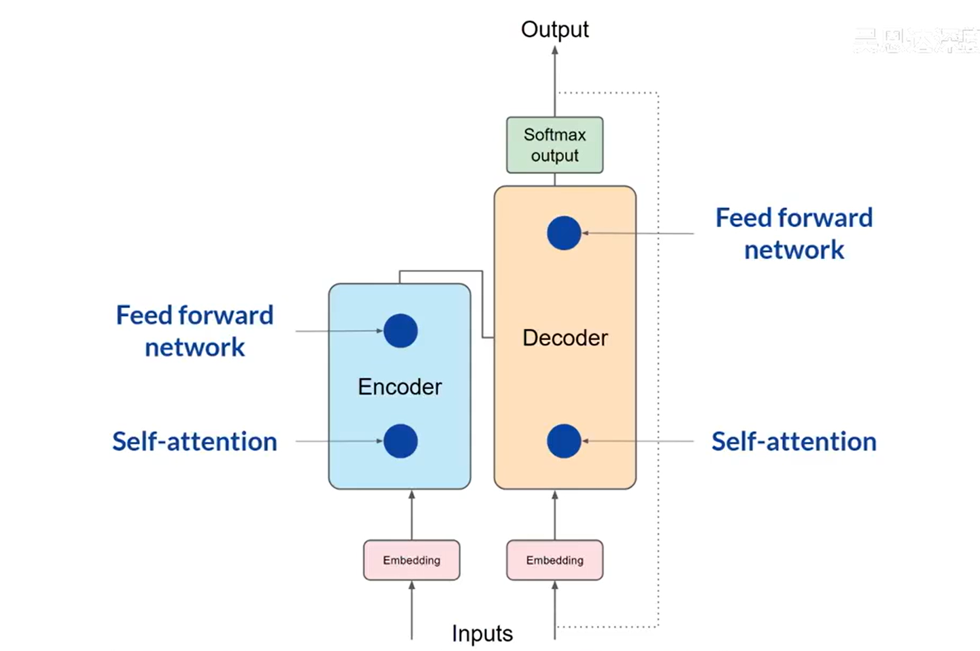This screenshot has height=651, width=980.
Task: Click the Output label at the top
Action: click(x=555, y=29)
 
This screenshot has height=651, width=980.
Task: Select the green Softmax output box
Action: click(x=555, y=145)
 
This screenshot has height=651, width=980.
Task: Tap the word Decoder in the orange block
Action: click(x=565, y=338)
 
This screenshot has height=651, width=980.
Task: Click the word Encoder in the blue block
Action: click(x=400, y=387)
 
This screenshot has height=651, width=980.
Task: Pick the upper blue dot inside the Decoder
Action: click(x=564, y=233)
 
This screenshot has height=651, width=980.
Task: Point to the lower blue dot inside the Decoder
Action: click(x=564, y=441)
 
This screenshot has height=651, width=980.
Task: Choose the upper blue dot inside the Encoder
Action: click(x=400, y=331)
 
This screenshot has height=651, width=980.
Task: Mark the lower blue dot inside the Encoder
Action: click(x=400, y=441)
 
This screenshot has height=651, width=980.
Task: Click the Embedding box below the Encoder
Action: click(x=411, y=560)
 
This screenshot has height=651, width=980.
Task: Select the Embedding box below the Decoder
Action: click(x=555, y=560)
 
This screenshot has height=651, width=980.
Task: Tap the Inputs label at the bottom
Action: click(x=482, y=634)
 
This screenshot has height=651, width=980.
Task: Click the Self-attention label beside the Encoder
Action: click(x=194, y=442)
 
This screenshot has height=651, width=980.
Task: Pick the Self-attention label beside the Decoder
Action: click(x=793, y=442)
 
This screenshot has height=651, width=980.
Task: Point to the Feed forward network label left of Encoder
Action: click(x=194, y=331)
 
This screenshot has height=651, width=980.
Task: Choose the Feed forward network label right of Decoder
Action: click(x=793, y=234)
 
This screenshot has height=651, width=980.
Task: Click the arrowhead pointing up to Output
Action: click(x=555, y=50)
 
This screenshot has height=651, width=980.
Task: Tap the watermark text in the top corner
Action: click(x=916, y=41)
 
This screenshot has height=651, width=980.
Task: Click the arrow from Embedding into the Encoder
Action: click(x=411, y=514)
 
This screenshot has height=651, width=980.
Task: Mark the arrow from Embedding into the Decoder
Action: click(x=555, y=514)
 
